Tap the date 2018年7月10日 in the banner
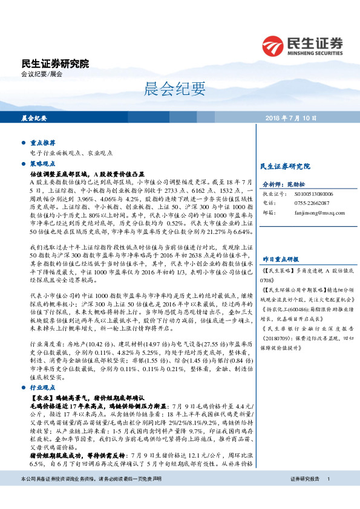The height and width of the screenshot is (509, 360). [x=299, y=118]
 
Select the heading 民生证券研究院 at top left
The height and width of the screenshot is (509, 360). [x=54, y=63]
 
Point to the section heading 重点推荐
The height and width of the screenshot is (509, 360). [x=42, y=143]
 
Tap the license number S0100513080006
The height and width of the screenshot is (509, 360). [x=313, y=193]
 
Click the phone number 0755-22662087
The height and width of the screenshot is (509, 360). [x=312, y=203]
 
